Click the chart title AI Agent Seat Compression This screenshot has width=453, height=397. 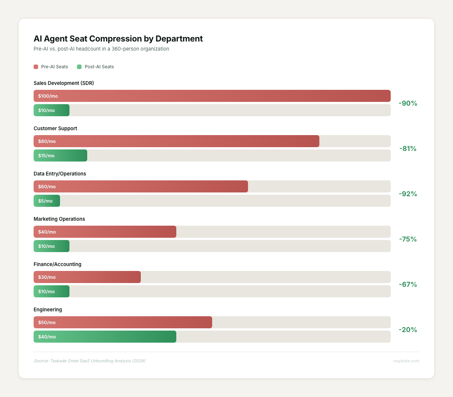[118, 38]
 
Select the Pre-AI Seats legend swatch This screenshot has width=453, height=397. [36, 67]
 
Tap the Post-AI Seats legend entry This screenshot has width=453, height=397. [96, 67]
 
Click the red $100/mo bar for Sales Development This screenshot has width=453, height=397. [212, 96]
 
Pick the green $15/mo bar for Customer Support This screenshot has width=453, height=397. [60, 155]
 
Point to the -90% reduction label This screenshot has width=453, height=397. [408, 103]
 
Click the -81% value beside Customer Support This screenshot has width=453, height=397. [408, 149]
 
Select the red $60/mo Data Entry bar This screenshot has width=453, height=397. [140, 186]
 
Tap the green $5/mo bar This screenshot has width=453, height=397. [47, 201]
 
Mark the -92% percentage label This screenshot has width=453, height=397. [408, 194]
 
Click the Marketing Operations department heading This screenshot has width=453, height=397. [59, 219]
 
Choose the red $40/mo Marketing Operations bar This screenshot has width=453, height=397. [105, 232]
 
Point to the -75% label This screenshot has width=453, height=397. [408, 239]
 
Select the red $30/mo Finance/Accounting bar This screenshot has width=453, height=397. [87, 277]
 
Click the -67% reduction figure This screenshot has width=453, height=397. [408, 285]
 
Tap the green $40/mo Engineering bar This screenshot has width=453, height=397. [105, 337]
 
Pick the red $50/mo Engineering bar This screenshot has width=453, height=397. [123, 322]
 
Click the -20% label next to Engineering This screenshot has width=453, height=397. [408, 330]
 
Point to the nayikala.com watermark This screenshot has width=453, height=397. [406, 361]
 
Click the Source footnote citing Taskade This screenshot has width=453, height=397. [89, 361]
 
